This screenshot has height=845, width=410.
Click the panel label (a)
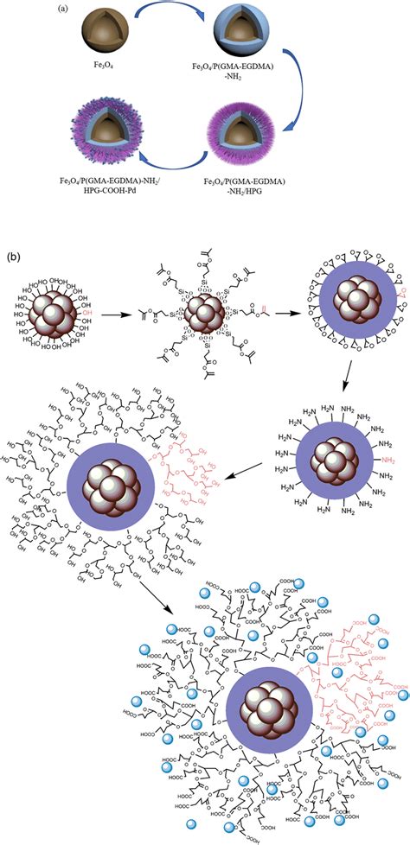tap(65, 10)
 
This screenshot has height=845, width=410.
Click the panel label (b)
tap(14, 257)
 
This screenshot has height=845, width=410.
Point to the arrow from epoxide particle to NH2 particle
tap(349, 389)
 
